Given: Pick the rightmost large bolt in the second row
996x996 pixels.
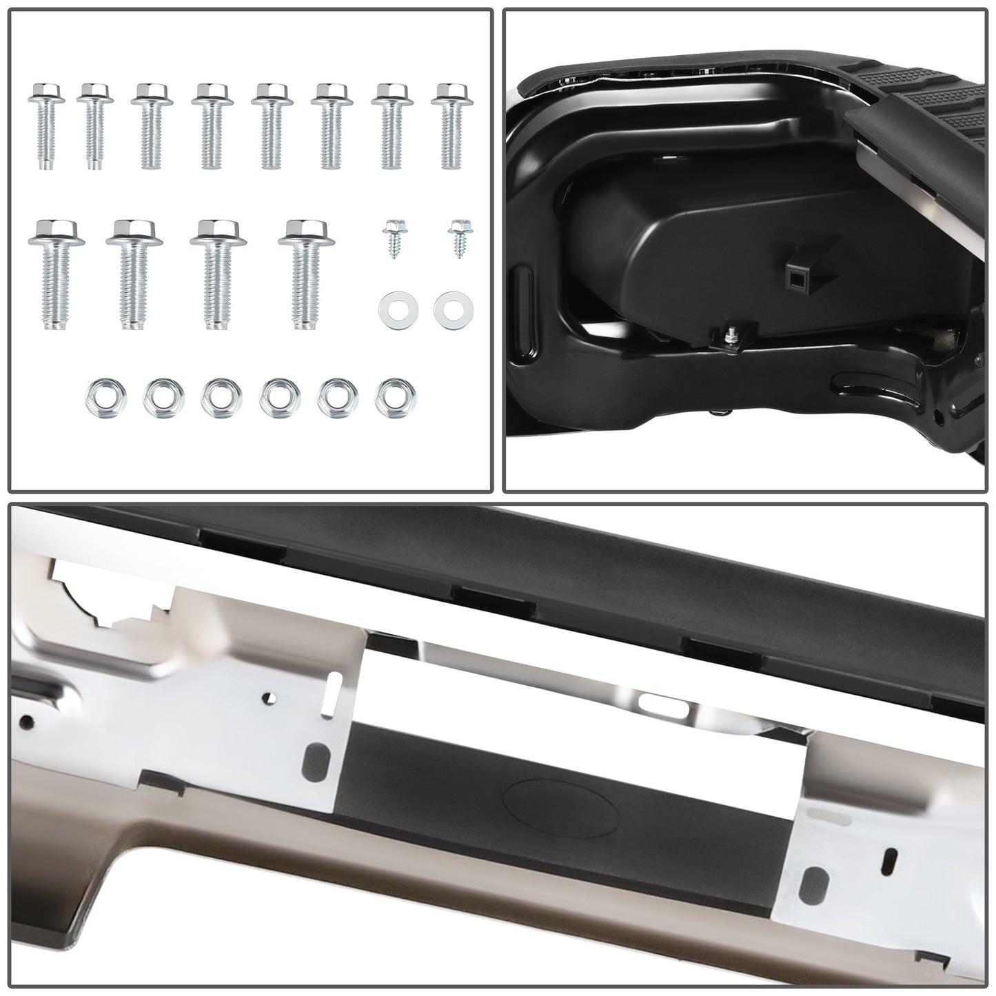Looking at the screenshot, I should pos(306,272).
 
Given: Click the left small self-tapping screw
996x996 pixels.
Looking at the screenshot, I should pos(394,238).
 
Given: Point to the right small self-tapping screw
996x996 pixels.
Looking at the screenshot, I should pos(458,238).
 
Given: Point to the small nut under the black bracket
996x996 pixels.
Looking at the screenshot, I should pos(730,338).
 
